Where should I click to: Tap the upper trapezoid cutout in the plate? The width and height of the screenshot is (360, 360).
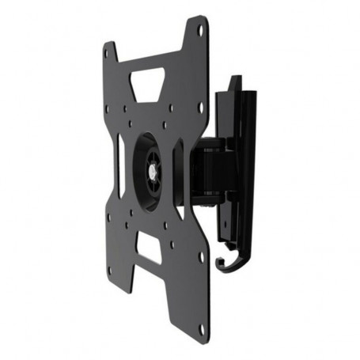149,83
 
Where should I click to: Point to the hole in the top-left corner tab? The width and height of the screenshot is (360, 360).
110,57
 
